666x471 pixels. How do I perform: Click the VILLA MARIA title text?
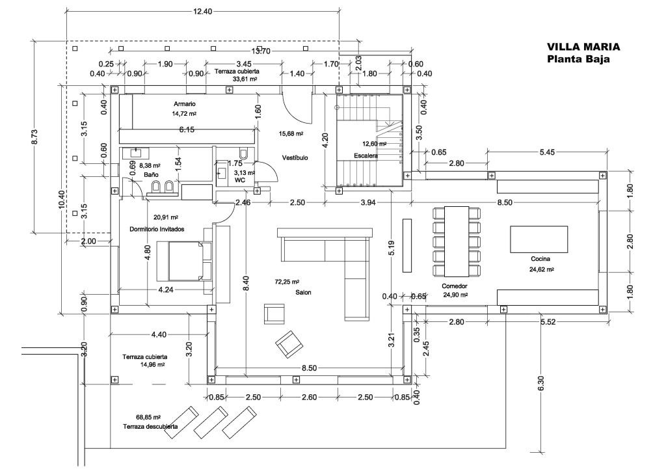[x=583, y=47]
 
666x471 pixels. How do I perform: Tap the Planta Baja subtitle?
[x=578, y=60]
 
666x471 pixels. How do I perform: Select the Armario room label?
[x=185, y=104]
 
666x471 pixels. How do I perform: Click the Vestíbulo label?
[x=295, y=158]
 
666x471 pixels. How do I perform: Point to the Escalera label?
[x=366, y=156]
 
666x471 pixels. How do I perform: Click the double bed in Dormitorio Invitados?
[x=190, y=260]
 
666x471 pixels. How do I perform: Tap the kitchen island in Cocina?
[x=539, y=242]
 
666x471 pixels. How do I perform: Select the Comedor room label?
[x=455, y=286]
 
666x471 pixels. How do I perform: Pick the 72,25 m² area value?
[x=287, y=282]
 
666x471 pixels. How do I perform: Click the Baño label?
[x=151, y=176]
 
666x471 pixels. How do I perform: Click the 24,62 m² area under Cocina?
[x=541, y=268]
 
